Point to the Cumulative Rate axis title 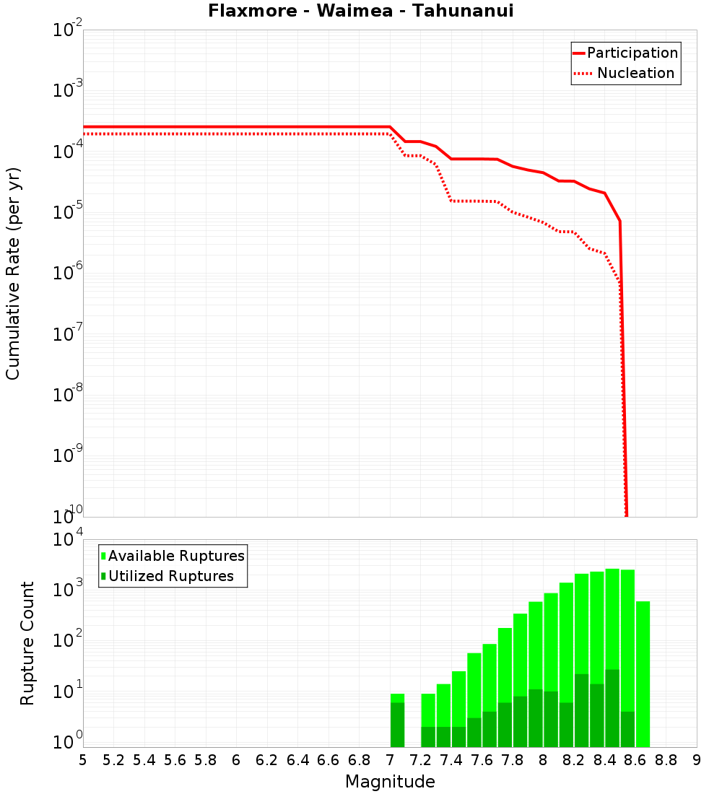13,274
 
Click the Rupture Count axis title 27,642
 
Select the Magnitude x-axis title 390,782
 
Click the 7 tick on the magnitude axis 390,759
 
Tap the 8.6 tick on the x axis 635,759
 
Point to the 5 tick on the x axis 83,759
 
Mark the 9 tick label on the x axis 697,759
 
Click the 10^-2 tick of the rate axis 68,31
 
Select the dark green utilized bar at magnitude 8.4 612,708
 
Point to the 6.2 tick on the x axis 267,759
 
